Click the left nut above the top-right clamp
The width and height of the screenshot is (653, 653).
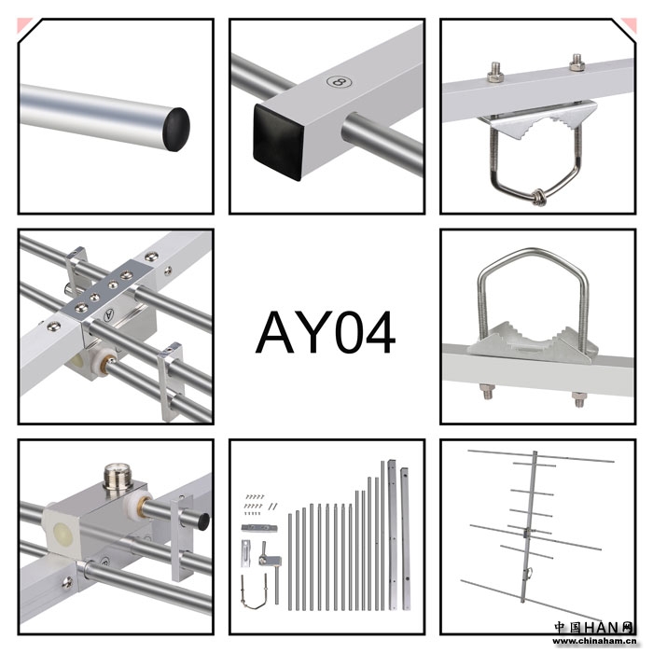[495, 72]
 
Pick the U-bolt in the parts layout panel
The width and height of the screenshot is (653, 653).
[257, 589]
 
